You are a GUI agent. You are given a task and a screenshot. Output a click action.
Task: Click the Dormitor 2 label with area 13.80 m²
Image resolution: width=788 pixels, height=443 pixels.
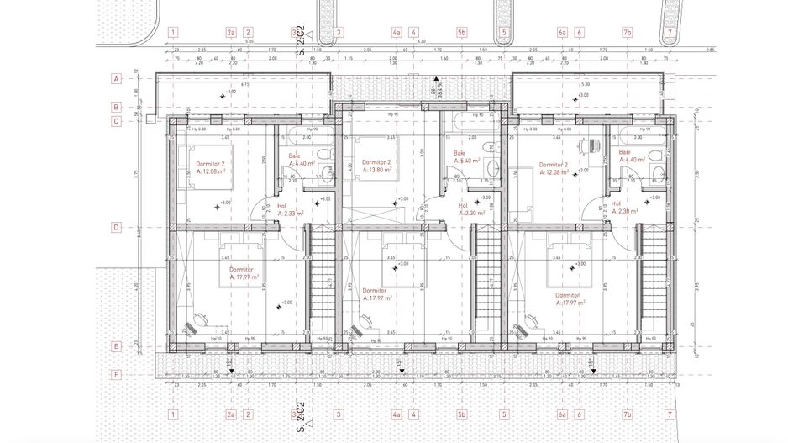pos(376,166)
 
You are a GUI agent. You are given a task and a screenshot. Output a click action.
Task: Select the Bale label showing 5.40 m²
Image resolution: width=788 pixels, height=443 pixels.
pos(467,157)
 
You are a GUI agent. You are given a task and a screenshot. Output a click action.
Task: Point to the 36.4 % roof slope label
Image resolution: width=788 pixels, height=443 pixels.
pos(435,92)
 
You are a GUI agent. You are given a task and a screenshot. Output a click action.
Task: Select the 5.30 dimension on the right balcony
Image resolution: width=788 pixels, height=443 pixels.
pos(585,85)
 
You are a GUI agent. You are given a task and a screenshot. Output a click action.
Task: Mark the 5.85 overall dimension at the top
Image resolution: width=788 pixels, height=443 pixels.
pos(249,41)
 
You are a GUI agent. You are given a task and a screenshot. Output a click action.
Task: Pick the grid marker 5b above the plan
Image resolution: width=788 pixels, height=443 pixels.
pos(461,33)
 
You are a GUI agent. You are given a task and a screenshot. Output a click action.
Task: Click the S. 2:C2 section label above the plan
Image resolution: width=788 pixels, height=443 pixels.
pos(300,42)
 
